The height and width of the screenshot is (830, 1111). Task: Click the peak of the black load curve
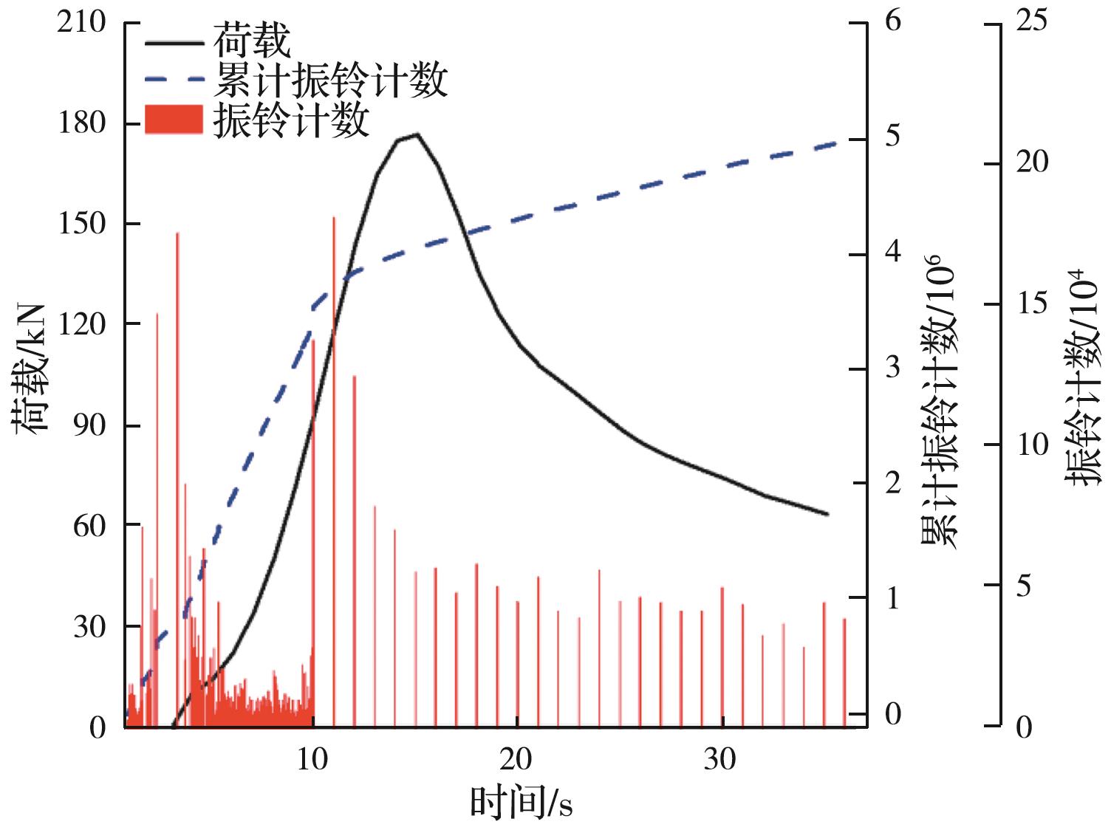(417, 134)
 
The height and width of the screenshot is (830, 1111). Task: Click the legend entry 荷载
(252, 42)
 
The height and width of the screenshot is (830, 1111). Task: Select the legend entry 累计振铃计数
(330, 80)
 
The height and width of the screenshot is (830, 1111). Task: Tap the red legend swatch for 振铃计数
(174, 120)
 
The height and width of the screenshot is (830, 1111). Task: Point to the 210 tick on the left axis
(82, 23)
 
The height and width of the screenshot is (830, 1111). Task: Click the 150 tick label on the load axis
(82, 224)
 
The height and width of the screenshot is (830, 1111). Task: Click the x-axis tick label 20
(516, 758)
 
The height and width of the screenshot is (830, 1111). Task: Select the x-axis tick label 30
(719, 758)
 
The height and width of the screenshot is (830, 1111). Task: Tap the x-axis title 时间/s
(522, 803)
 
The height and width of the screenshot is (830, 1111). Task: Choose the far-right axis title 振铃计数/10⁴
(1083, 377)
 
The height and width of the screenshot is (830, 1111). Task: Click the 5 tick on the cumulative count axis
(893, 137)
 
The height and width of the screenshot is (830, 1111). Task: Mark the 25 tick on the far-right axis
(1031, 21)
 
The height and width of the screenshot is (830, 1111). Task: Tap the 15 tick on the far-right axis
(1031, 303)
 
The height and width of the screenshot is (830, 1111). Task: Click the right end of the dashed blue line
(835, 141)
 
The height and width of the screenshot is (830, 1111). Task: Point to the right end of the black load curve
(827, 514)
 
